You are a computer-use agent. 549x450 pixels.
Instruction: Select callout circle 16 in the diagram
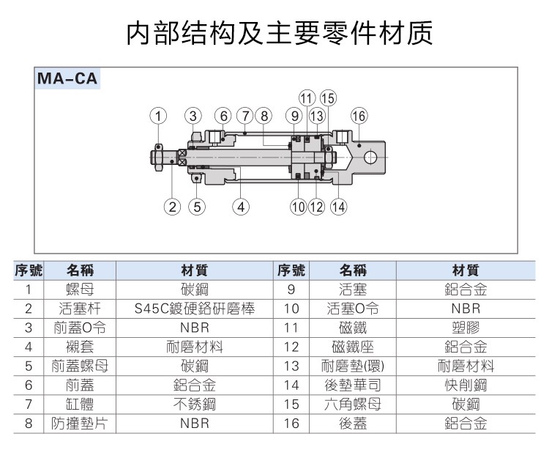pyautogui.click(x=358, y=115)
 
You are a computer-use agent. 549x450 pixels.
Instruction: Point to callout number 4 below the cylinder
pyautogui.click(x=241, y=206)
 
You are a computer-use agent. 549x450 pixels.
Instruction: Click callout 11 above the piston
pyautogui.click(x=307, y=98)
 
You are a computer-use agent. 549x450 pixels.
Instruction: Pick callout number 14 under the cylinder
pyautogui.click(x=337, y=206)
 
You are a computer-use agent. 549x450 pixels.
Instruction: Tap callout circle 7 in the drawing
pyautogui.click(x=244, y=115)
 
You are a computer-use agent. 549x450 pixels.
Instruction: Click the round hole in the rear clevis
pyautogui.click(x=370, y=156)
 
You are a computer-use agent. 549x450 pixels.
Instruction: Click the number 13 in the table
pyautogui.click(x=291, y=366)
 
